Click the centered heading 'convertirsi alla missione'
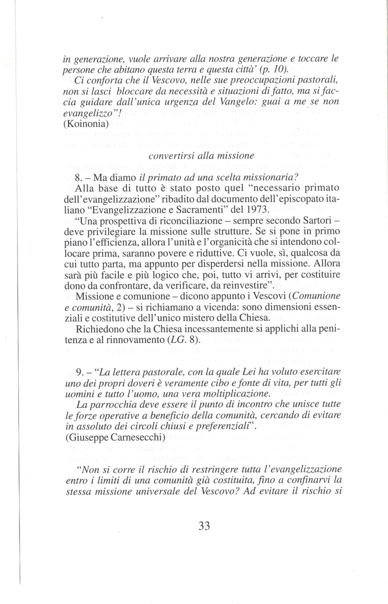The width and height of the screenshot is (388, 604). tap(201, 156)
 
